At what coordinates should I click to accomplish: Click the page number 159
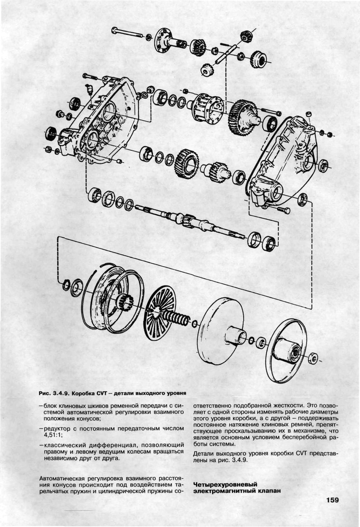pyautogui.click(x=332, y=500)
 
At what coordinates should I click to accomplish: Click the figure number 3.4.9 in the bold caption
pyautogui.click(x=59, y=393)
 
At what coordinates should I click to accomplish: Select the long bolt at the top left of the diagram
pyautogui.click(x=128, y=32)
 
